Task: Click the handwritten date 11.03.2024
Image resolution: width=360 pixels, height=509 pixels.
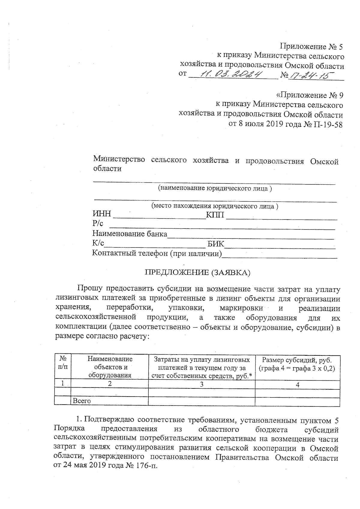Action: point(231,74)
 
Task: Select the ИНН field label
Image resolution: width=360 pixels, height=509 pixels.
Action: point(102,214)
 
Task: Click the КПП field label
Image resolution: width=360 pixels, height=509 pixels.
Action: point(215,215)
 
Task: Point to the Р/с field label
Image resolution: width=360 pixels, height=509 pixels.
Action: point(97,223)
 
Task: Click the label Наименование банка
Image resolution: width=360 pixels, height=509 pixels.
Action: point(130,234)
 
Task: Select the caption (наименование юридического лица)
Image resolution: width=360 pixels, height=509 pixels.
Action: point(215,188)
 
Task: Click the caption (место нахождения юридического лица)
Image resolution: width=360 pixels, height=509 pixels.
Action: point(214,206)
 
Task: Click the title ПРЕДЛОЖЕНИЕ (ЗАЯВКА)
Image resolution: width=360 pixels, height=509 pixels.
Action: point(197,272)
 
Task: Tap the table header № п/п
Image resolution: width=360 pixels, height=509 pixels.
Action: point(63,363)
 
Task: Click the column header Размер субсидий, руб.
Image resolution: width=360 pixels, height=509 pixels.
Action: point(297,360)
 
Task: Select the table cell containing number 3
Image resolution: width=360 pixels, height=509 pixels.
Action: point(202,384)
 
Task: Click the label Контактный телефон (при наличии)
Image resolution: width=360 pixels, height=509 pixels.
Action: point(157,253)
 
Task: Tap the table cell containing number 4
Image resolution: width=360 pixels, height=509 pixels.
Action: point(297,384)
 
